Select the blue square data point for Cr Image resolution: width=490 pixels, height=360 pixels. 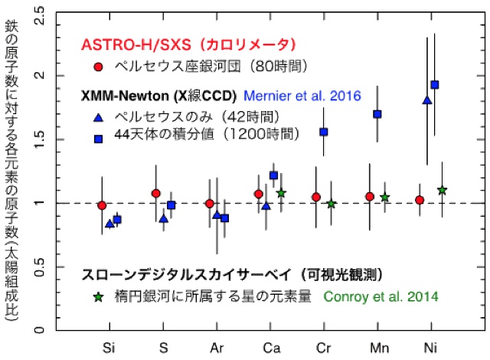coord(324,132)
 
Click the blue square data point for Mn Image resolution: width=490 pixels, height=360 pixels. coord(377,114)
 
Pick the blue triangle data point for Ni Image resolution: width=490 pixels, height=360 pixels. coord(427,100)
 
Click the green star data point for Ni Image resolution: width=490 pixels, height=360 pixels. coord(442,189)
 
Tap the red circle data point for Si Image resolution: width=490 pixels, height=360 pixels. coord(102,205)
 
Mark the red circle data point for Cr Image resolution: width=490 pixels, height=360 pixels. coord(315,197)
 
